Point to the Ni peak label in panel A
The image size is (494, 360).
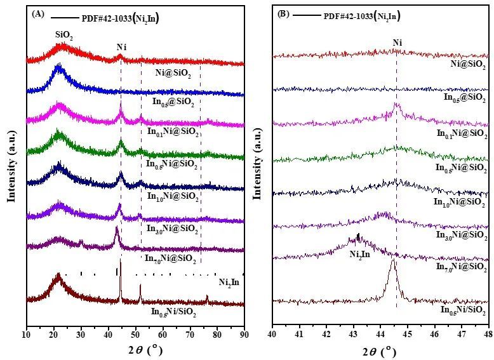coord(121,47)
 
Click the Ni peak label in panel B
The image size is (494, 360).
coord(397,43)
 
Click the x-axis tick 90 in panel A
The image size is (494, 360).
coord(244,333)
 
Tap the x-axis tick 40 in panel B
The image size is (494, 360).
coord(272,333)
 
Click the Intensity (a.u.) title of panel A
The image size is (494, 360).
coord(11,159)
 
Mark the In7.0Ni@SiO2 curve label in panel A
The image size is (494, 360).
coord(170,258)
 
